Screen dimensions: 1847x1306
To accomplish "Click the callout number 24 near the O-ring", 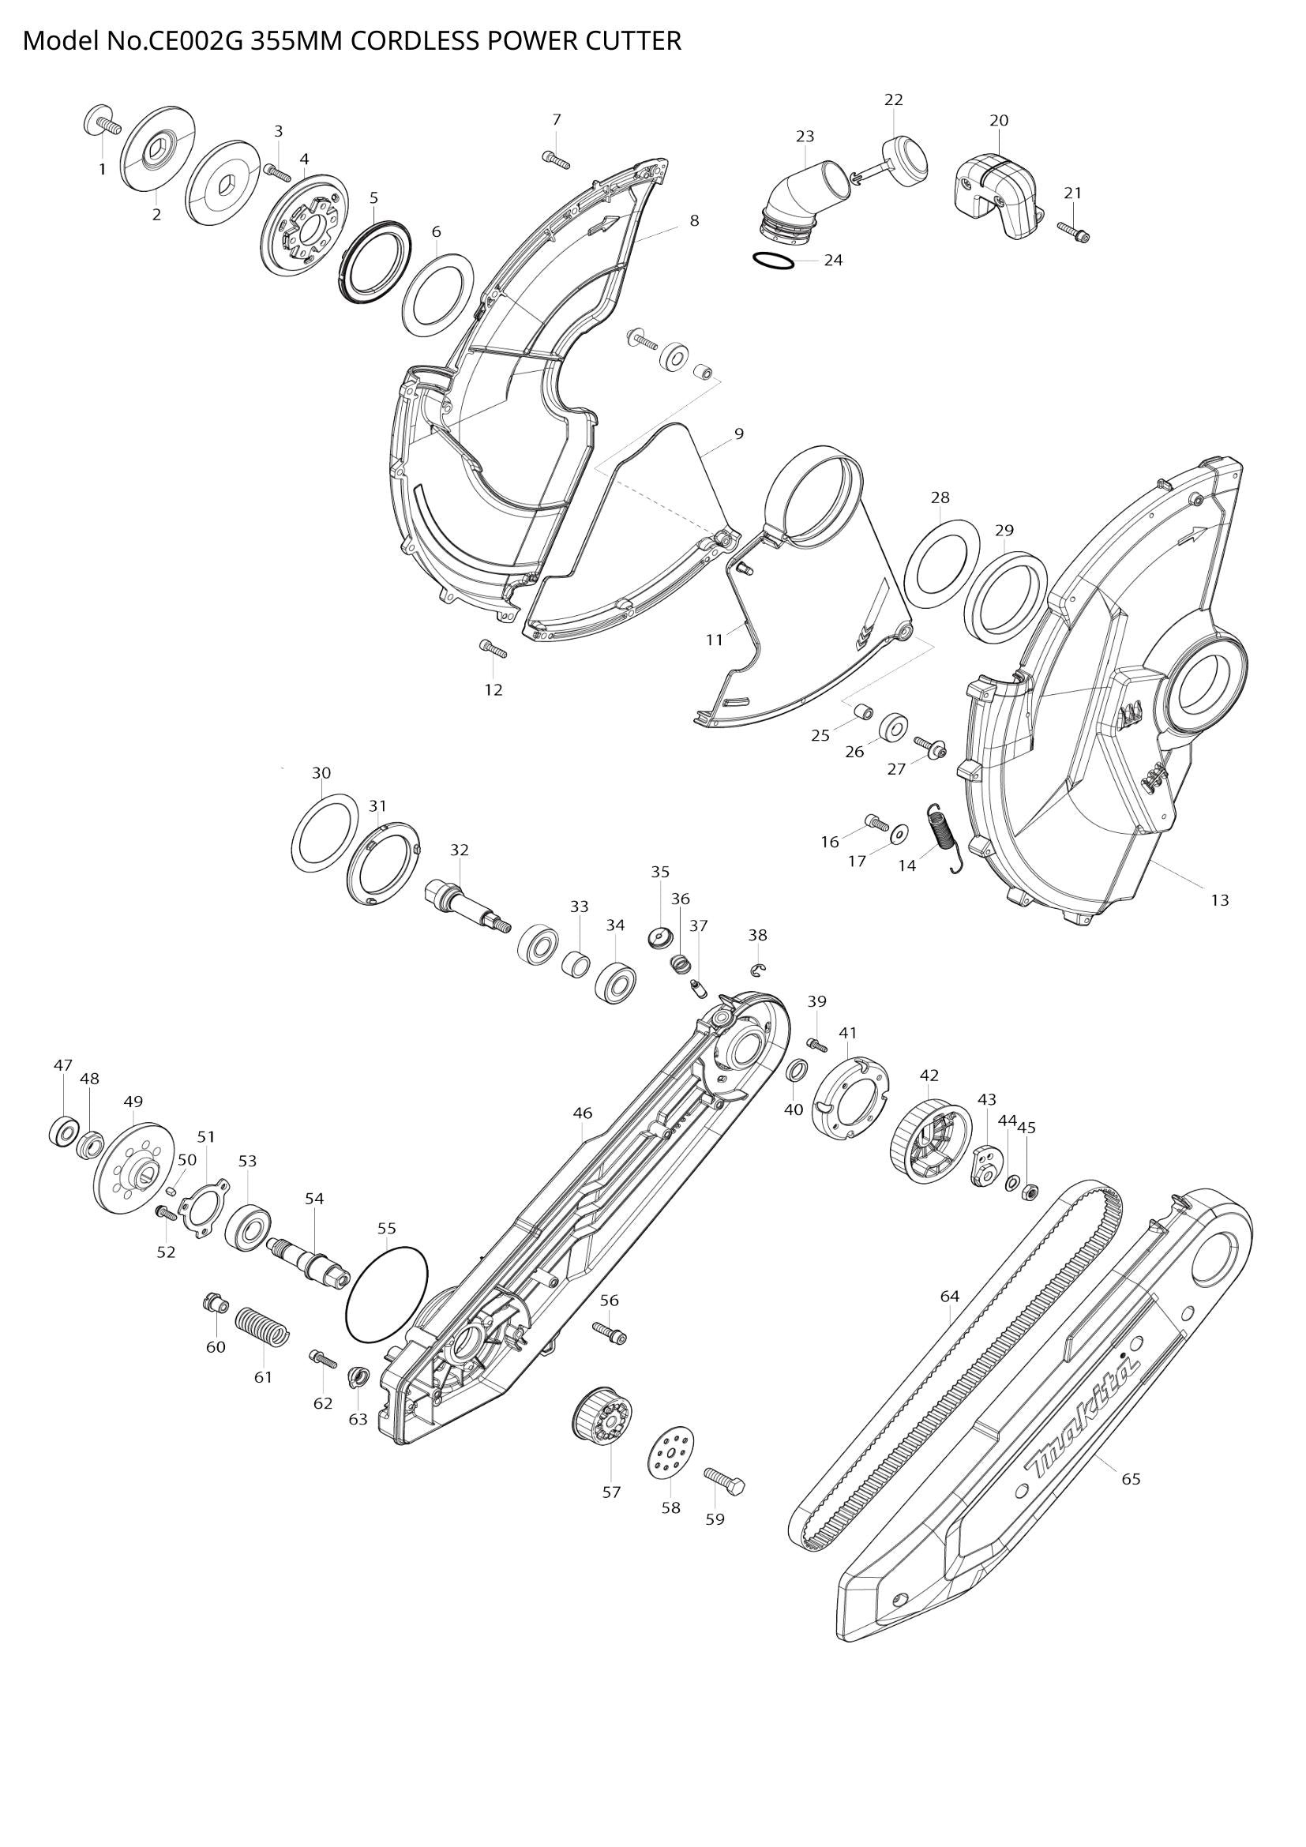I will (x=833, y=260).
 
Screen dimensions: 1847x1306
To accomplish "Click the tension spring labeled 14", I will (x=944, y=836).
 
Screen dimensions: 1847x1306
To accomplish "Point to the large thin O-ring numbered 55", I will (x=387, y=1295).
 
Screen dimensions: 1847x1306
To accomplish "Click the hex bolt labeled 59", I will (x=724, y=1479).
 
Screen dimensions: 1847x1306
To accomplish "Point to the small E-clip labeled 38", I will (x=758, y=971).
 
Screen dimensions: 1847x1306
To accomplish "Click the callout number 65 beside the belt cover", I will (x=1131, y=1478).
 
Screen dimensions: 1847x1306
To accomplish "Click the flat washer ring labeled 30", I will (x=324, y=830).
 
